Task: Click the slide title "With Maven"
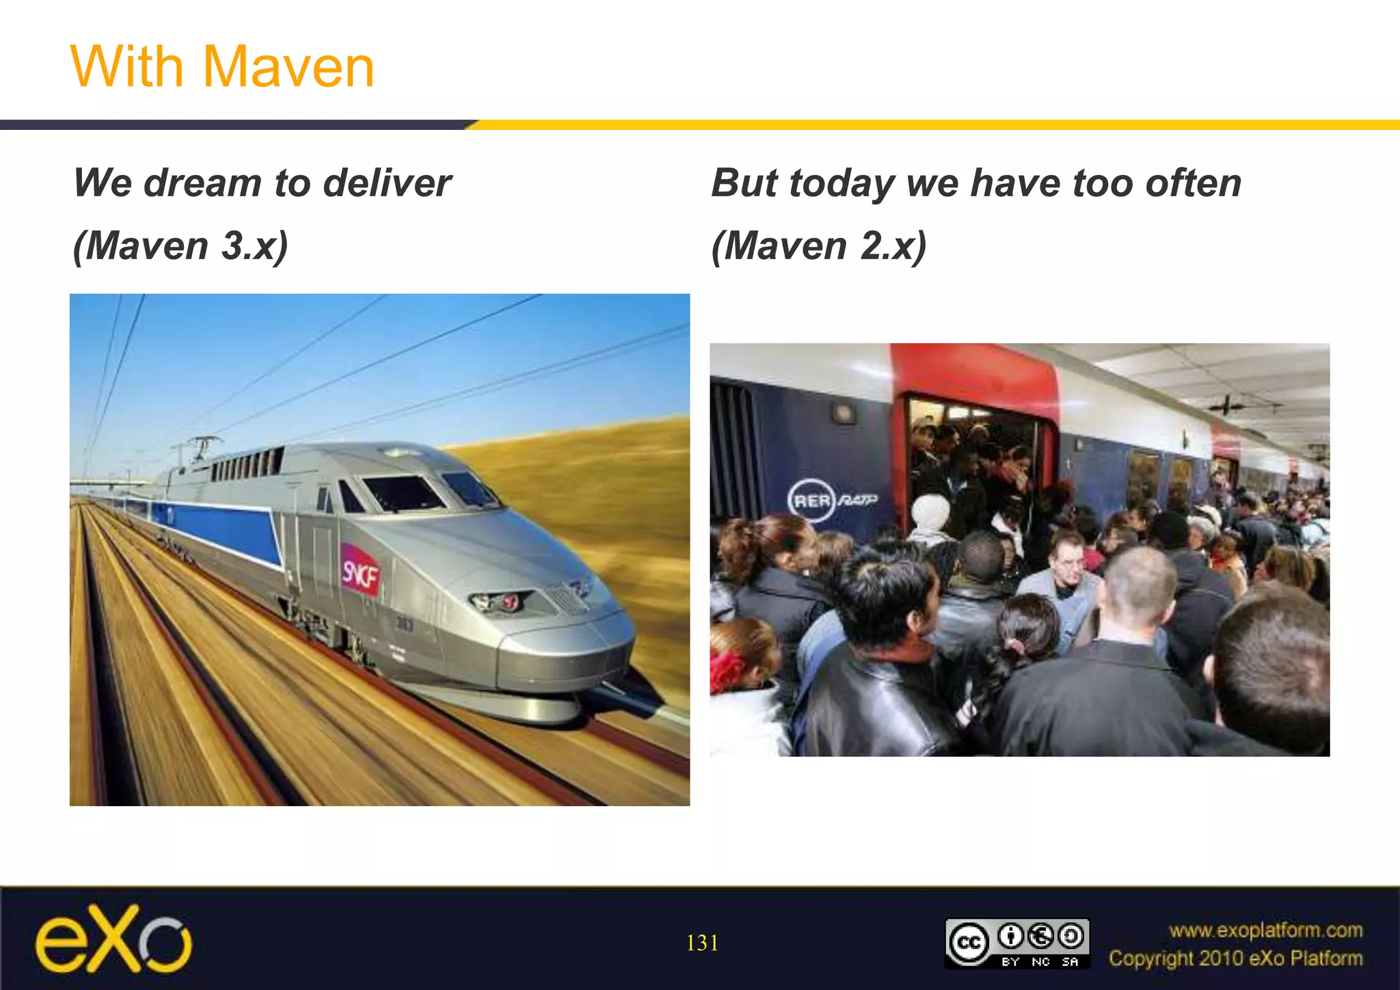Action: [222, 66]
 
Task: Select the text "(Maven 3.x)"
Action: [180, 245]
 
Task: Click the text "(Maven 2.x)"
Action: [819, 245]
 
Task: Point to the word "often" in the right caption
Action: [1193, 183]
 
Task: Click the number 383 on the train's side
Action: [405, 624]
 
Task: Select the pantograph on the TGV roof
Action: [198, 448]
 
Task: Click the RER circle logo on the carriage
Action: [811, 500]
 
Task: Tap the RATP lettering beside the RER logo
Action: [857, 500]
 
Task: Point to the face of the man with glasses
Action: [1066, 561]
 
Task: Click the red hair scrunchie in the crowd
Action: [727, 669]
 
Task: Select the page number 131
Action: [702, 944]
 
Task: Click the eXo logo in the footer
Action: [113, 939]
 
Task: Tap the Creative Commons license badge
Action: [1017, 944]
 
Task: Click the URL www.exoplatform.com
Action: [1265, 931]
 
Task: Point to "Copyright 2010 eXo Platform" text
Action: [1235, 959]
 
